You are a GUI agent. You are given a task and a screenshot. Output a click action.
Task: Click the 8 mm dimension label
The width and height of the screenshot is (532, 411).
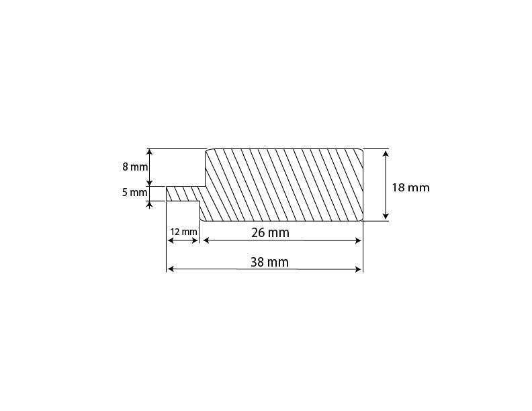coord(135,167)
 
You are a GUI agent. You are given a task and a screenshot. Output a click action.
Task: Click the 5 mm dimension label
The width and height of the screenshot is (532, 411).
coord(135,193)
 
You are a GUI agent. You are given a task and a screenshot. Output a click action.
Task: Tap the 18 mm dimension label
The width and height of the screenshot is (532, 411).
coord(411,187)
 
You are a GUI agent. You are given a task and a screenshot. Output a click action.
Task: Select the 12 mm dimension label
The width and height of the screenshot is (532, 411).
coord(183,232)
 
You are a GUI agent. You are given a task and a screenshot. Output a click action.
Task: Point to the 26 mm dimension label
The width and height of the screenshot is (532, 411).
coord(271,232)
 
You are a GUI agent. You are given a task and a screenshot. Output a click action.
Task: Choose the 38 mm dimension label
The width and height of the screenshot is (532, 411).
coord(270,262)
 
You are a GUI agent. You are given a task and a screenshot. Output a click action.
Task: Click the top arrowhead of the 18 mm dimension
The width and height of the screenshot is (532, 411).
coord(386,154)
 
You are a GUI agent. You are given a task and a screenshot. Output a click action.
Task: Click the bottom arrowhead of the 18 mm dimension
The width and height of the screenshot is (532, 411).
coord(386,216)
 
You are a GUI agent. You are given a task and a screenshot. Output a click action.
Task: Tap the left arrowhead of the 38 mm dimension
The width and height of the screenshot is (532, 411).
coord(171,269)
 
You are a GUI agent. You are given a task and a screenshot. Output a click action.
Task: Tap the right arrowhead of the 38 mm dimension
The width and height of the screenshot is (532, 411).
coord(358,269)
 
